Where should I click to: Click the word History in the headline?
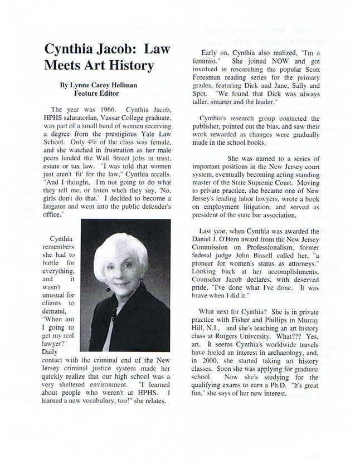tap(127, 66)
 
